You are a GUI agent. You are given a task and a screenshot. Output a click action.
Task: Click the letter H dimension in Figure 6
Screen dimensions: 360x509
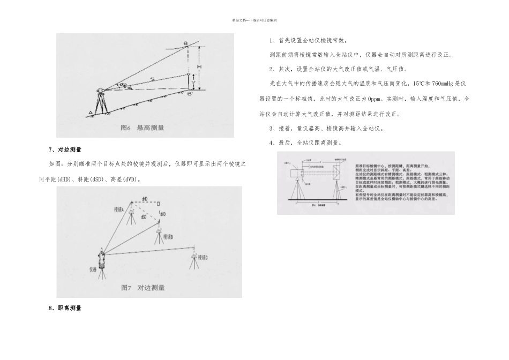click(x=199, y=66)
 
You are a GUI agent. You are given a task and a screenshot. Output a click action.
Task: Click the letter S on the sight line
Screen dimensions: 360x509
click(x=153, y=79)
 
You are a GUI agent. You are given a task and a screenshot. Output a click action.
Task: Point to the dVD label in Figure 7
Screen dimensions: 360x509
click(x=162, y=214)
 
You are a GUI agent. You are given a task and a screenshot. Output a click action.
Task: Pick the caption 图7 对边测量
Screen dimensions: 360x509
click(x=143, y=288)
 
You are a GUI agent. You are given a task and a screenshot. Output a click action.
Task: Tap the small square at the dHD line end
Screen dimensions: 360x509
click(x=159, y=204)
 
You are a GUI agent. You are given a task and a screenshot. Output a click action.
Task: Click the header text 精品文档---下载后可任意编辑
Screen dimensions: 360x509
click(x=254, y=20)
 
